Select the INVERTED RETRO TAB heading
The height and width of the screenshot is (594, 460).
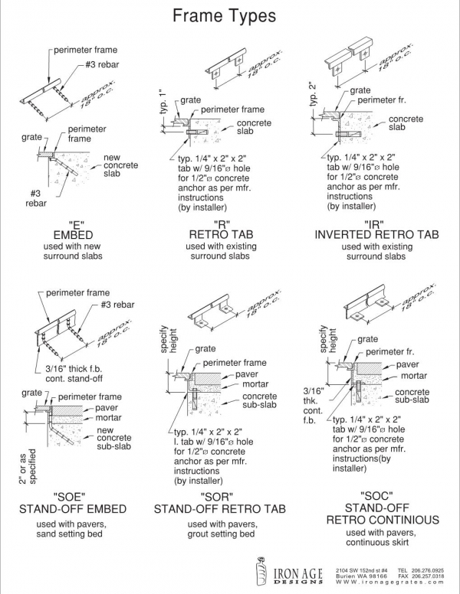tap(376, 234)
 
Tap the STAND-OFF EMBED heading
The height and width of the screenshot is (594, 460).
tap(71, 508)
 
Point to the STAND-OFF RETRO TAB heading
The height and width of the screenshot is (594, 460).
tap(215, 508)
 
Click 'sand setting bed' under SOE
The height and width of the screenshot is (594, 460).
tap(71, 534)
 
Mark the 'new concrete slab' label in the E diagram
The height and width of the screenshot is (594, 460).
tap(121, 165)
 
